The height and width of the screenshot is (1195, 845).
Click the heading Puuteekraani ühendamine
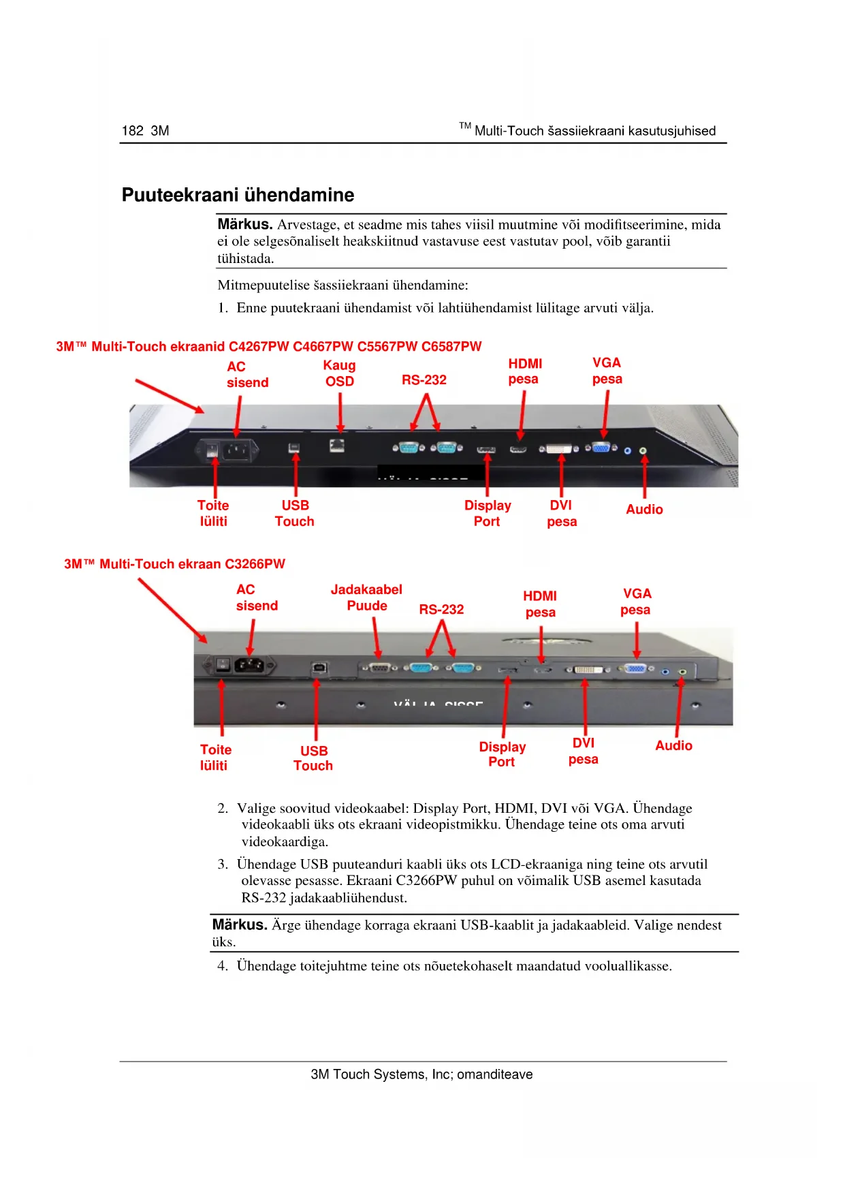pyautogui.click(x=238, y=195)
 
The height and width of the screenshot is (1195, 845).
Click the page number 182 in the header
pyautogui.click(x=132, y=131)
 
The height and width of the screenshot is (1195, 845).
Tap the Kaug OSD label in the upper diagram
pyautogui.click(x=339, y=373)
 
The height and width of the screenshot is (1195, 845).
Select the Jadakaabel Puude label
pyautogui.click(x=366, y=597)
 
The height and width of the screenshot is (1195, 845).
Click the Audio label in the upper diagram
pyautogui.click(x=644, y=510)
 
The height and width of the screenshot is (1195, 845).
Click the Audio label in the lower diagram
pyautogui.click(x=673, y=745)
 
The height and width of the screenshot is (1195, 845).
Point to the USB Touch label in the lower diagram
pyautogui.click(x=313, y=758)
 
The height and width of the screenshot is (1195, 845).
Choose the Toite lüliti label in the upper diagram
pyautogui.click(x=213, y=513)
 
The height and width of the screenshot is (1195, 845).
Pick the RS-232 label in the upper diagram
pyautogui.click(x=424, y=380)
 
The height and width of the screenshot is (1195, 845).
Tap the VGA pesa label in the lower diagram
pyautogui.click(x=636, y=602)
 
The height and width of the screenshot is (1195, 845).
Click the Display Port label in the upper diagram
pyautogui.click(x=488, y=513)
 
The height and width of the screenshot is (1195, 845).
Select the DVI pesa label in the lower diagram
pyautogui.click(x=584, y=751)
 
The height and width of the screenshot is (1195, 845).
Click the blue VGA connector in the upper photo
pyautogui.click(x=601, y=448)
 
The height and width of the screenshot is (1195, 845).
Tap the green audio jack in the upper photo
pyautogui.click(x=643, y=451)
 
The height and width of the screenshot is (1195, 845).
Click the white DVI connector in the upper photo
pyautogui.click(x=558, y=449)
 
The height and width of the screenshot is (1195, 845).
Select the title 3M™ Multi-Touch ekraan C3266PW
pyautogui.click(x=174, y=564)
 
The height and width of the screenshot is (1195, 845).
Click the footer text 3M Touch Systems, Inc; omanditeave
pyautogui.click(x=421, y=1074)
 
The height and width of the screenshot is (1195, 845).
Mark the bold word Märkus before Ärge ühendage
pyautogui.click(x=239, y=925)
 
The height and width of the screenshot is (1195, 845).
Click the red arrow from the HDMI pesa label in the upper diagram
pyautogui.click(x=522, y=416)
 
